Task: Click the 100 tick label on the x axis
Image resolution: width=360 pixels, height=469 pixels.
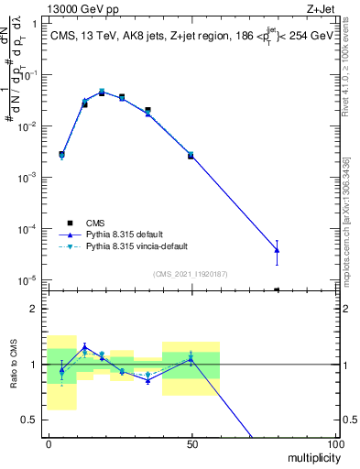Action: pyautogui.click(x=335, y=443)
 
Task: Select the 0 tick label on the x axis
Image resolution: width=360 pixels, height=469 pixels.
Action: pyautogui.click(x=49, y=443)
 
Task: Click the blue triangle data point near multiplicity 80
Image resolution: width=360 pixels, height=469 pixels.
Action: pyautogui.click(x=278, y=250)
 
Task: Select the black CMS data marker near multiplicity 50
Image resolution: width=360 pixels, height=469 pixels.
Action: pyautogui.click(x=191, y=156)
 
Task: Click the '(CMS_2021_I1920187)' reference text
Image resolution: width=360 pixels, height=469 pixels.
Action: pyautogui.click(x=190, y=274)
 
